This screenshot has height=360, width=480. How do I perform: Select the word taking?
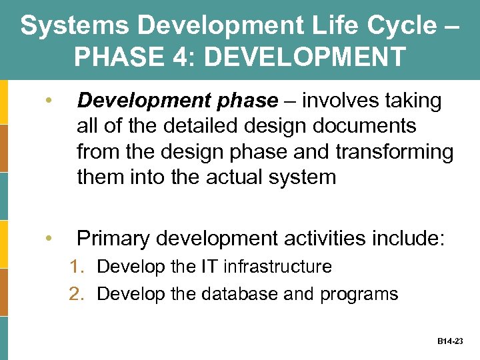tap(415, 101)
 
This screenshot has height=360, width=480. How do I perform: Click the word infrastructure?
tap(277, 267)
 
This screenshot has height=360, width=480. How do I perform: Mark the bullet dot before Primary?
tap(48, 239)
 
